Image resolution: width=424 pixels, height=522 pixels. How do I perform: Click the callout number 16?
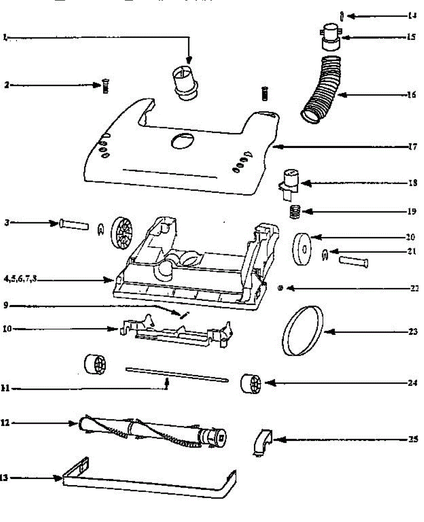point(411,94)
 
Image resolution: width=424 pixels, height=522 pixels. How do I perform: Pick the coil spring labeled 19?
point(296,212)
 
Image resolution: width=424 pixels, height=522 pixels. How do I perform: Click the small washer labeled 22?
point(280,288)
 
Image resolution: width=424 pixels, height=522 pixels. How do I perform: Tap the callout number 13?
point(4,478)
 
